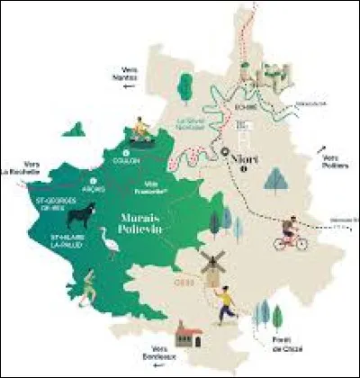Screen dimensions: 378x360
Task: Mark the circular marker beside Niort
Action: (x=224, y=154)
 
